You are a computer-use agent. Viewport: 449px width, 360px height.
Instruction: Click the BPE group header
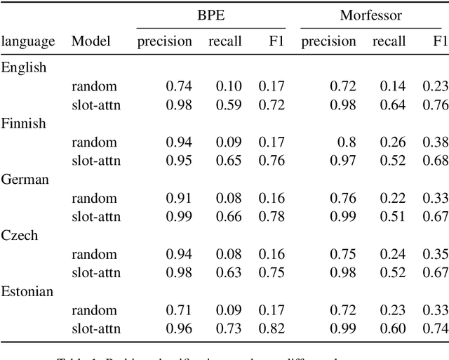(211, 15)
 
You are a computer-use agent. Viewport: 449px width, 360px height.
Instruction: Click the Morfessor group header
(371, 15)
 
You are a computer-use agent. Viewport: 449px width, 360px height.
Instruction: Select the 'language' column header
(28, 42)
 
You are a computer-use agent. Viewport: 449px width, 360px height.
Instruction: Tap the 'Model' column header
(91, 41)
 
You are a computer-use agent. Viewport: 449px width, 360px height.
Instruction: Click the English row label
(24, 68)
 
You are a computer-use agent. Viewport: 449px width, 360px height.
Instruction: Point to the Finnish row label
(24, 124)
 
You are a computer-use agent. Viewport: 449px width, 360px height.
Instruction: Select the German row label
(25, 180)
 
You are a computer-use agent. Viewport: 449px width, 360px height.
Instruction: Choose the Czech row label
(20, 236)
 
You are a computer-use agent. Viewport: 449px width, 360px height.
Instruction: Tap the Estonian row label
(27, 291)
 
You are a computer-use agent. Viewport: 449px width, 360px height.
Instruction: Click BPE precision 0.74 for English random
(178, 86)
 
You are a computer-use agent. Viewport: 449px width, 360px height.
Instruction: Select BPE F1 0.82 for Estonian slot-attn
(272, 328)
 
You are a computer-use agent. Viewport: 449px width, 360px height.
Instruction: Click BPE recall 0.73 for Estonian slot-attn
(224, 328)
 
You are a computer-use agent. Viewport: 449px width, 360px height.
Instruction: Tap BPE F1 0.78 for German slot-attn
(272, 217)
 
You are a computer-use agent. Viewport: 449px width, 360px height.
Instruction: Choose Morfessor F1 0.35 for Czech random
(436, 254)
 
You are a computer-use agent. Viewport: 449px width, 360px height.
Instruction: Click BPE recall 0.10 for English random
(224, 86)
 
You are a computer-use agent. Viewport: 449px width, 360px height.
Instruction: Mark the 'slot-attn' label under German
(96, 217)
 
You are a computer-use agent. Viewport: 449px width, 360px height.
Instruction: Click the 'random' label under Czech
(94, 254)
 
